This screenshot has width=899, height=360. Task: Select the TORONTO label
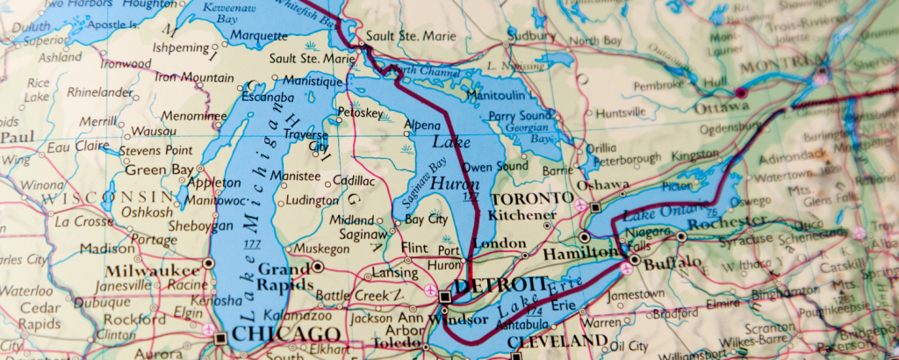[x=526, y=198]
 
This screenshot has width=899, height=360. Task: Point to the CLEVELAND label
[x=557, y=341]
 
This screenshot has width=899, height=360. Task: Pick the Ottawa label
[x=721, y=107]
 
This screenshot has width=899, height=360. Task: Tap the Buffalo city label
[x=673, y=262]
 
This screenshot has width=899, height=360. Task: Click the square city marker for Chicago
[x=220, y=337]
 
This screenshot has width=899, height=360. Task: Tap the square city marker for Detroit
[x=444, y=298]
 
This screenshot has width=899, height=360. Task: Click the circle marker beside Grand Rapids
[x=318, y=266]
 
